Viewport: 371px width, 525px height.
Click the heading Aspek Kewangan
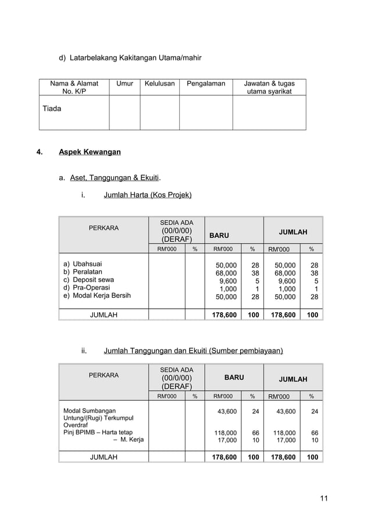[90, 152]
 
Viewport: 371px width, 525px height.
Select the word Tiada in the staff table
[52, 108]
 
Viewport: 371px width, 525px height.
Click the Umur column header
[124, 84]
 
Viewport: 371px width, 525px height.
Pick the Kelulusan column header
[159, 84]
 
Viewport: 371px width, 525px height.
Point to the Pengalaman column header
[206, 84]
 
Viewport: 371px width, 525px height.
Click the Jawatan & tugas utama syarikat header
[269, 88]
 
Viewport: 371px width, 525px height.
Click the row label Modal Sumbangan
[89, 410]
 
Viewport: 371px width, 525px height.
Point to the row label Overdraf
[74, 425]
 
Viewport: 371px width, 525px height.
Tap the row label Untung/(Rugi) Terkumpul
[98, 418]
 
